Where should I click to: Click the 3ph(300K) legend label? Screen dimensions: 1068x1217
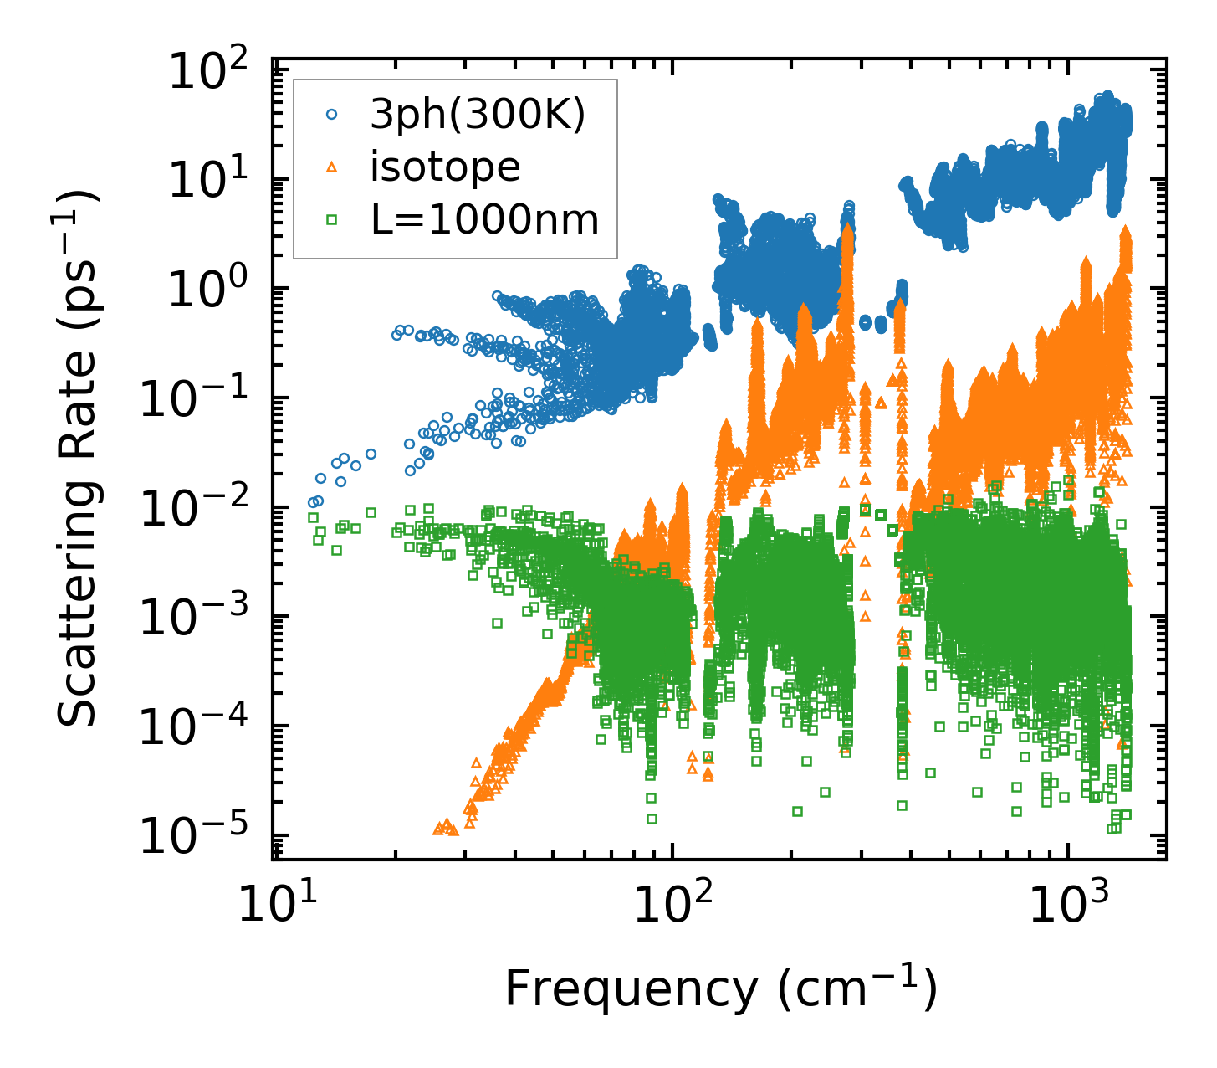[478, 115]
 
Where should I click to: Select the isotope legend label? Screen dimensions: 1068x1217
[445, 167]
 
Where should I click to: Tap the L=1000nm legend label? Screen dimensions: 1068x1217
[485, 220]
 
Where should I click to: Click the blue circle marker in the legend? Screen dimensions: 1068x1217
[331, 116]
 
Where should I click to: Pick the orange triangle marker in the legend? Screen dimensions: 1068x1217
[331, 168]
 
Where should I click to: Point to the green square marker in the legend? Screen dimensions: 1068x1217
[331, 220]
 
